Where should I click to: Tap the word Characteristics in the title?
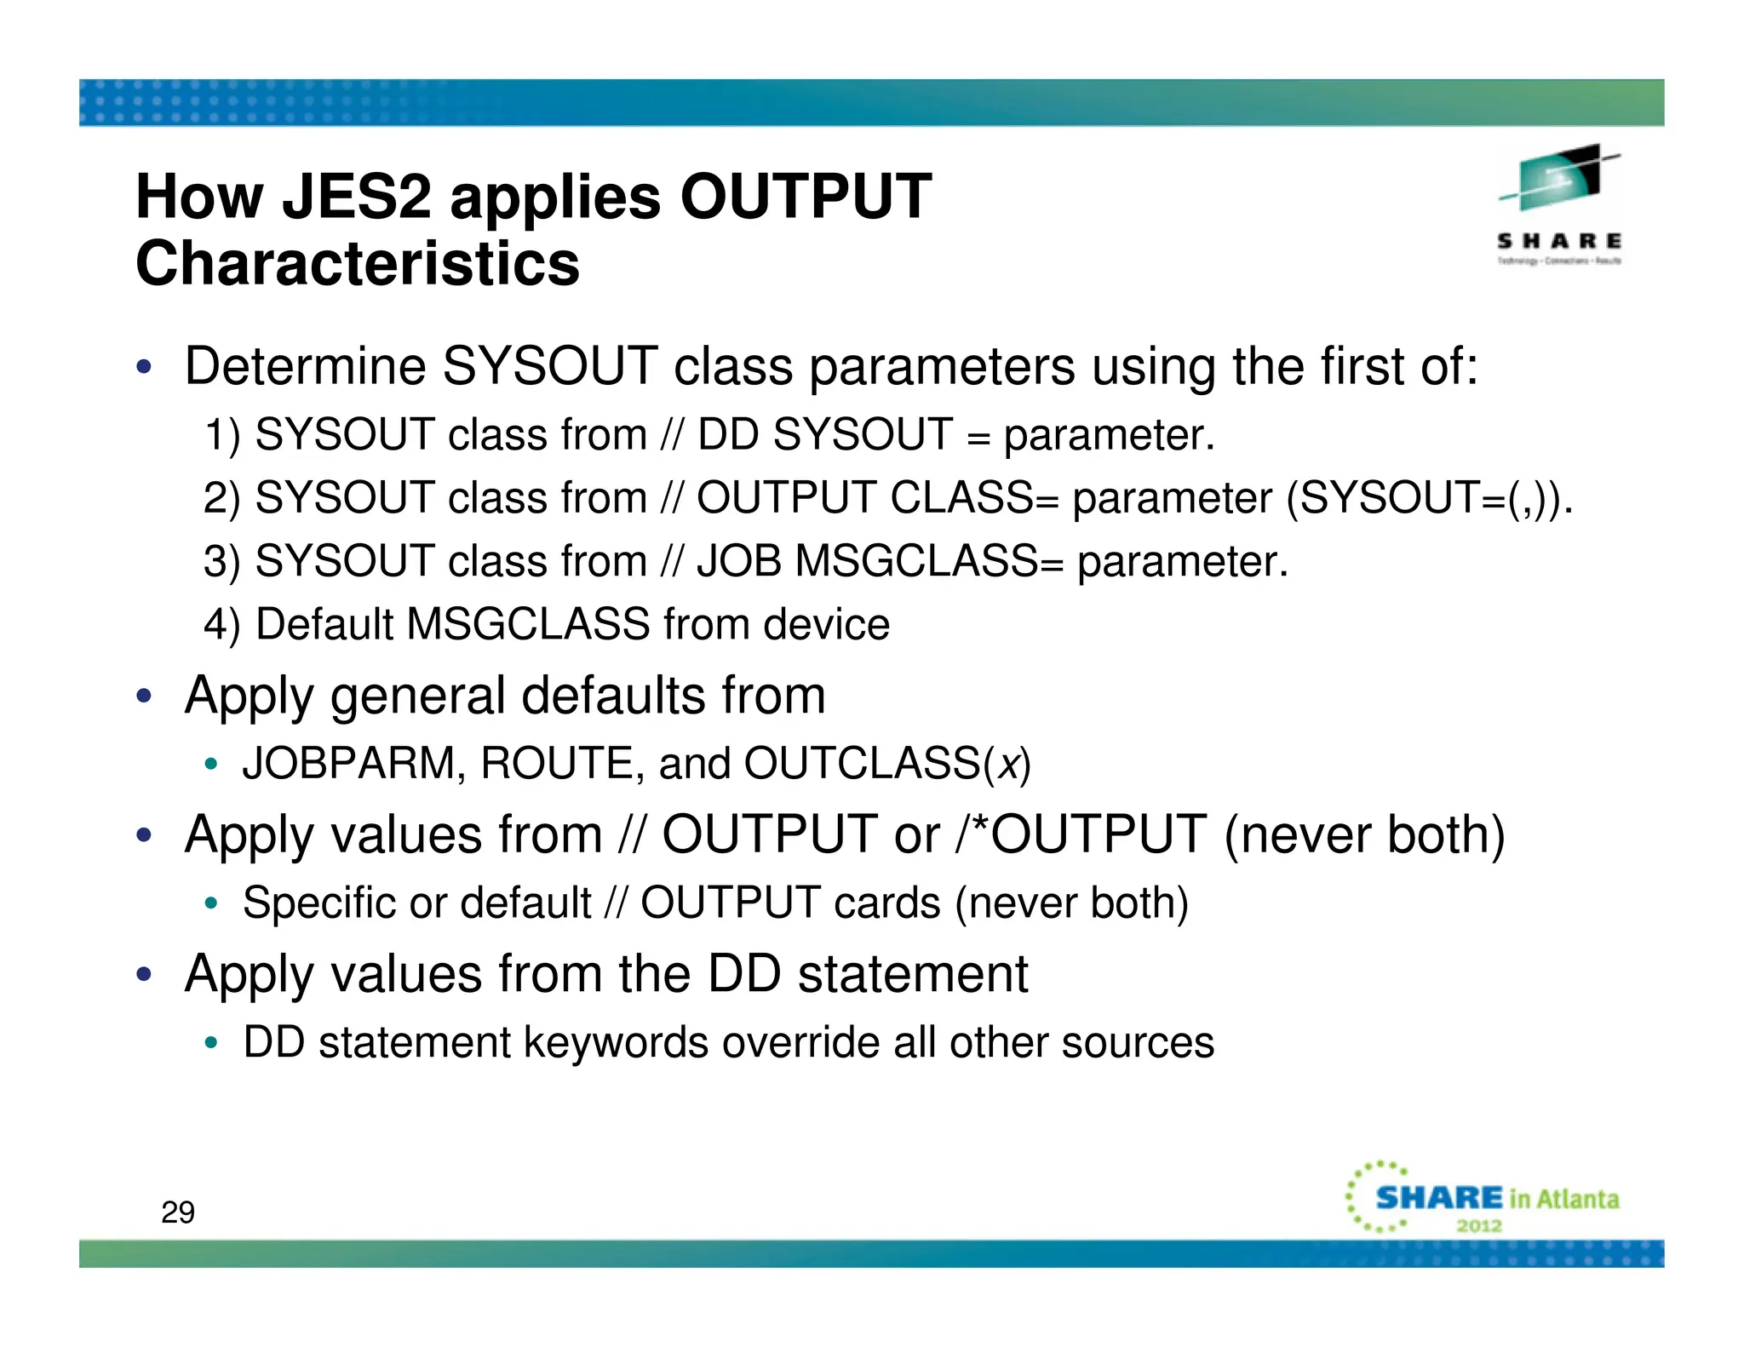coord(358,264)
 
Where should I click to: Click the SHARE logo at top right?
coord(1559,204)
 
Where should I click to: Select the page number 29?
coord(178,1212)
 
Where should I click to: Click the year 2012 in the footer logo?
coord(1479,1226)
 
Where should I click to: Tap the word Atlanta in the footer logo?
coord(1578,1199)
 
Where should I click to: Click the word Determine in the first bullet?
coord(305,366)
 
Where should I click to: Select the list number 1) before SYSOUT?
coord(223,435)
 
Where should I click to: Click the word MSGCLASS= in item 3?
coord(929,561)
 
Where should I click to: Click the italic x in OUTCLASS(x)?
coord(1009,764)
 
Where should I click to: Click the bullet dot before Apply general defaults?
coord(144,696)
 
